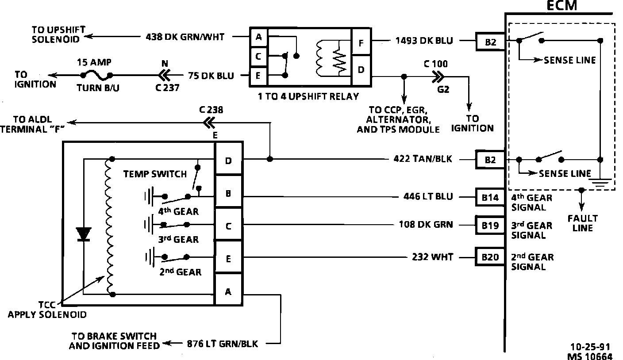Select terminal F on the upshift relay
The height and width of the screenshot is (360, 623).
click(361, 43)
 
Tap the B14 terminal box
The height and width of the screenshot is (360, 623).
click(490, 197)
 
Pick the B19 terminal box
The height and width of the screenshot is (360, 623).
click(490, 225)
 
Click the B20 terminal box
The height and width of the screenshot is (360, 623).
click(490, 257)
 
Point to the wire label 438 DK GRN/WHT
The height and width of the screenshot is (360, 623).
click(185, 37)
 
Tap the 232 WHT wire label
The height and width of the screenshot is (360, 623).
click(432, 257)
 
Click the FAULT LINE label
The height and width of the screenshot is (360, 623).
click(582, 223)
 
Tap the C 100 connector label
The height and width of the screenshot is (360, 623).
click(435, 64)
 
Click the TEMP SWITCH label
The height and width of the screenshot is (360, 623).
click(155, 174)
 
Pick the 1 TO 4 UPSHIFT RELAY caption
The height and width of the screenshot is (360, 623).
click(308, 96)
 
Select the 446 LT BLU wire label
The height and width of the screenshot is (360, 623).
click(428, 197)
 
